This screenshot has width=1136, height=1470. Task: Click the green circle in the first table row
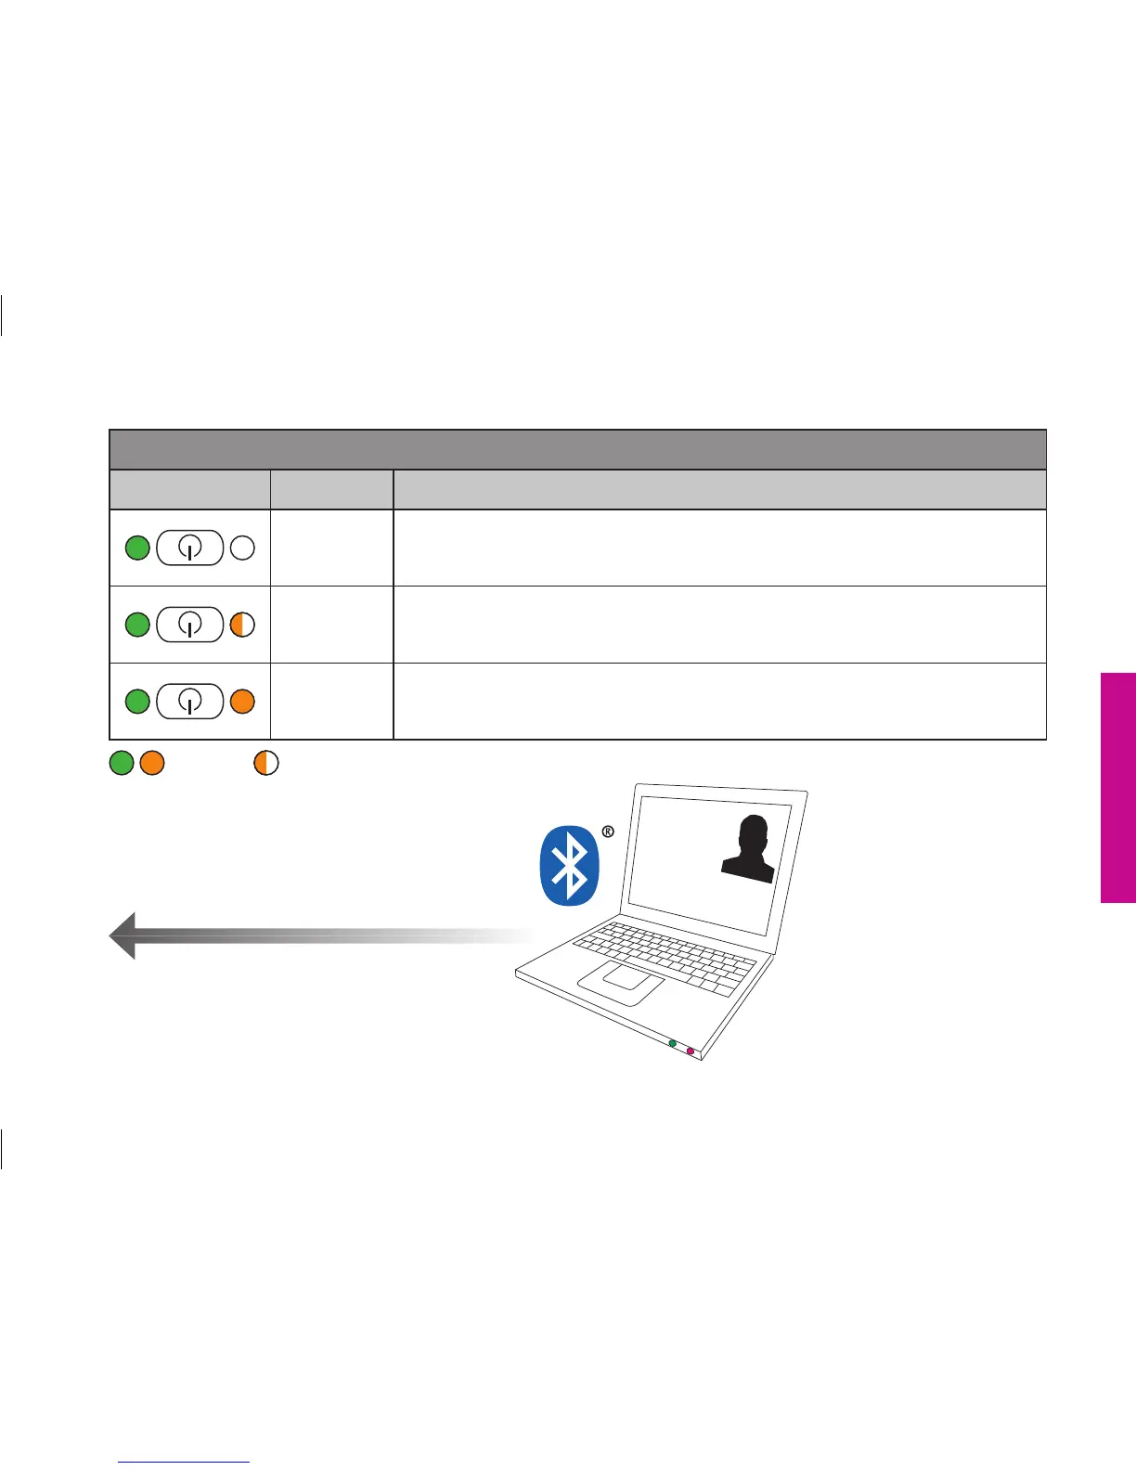pyautogui.click(x=137, y=548)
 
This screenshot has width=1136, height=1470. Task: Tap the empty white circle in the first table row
pyautogui.click(x=242, y=548)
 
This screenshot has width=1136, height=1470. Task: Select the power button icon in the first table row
pyautogui.click(x=190, y=548)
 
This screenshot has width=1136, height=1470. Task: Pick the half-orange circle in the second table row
pyautogui.click(x=242, y=625)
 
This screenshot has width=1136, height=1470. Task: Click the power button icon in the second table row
pyautogui.click(x=190, y=625)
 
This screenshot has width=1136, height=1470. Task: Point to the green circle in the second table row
pyautogui.click(x=137, y=625)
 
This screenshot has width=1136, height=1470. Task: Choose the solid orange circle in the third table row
pyautogui.click(x=242, y=702)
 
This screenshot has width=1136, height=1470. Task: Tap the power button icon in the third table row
pyautogui.click(x=190, y=702)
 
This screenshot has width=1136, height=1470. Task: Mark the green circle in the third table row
pyautogui.click(x=137, y=702)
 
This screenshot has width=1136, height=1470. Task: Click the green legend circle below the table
pyautogui.click(x=122, y=764)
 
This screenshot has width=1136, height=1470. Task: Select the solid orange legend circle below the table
pyautogui.click(x=152, y=764)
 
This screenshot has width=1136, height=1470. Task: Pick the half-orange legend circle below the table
pyautogui.click(x=266, y=764)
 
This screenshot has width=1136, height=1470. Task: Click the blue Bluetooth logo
pyautogui.click(x=570, y=866)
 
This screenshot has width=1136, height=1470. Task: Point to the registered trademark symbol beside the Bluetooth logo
pyautogui.click(x=608, y=832)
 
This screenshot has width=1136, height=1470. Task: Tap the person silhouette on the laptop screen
pyautogui.click(x=750, y=849)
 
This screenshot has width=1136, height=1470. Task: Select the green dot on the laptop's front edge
pyautogui.click(x=673, y=1043)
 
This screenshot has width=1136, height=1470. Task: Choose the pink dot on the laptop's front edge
pyautogui.click(x=690, y=1051)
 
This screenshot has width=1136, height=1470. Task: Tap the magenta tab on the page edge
pyautogui.click(x=1118, y=787)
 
